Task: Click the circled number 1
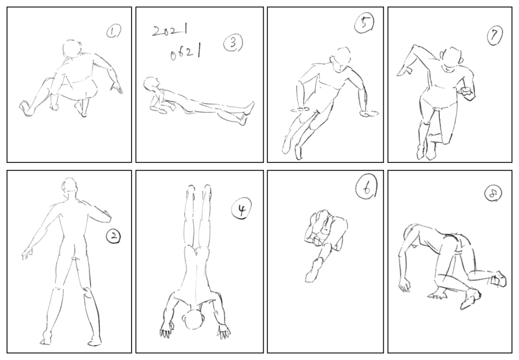tap(113, 32)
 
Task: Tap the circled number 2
tap(113, 236)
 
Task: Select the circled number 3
tap(233, 43)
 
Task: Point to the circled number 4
tap(241, 209)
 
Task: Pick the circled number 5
tap(364, 24)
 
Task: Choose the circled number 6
tap(366, 188)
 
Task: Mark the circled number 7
tap(495, 35)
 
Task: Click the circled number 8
tap(493, 193)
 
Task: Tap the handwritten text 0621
tap(186, 53)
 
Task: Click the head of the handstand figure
tap(194, 319)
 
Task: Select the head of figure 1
tap(72, 49)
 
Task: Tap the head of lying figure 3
tap(151, 83)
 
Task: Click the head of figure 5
tap(341, 60)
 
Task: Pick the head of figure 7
tap(452, 60)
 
